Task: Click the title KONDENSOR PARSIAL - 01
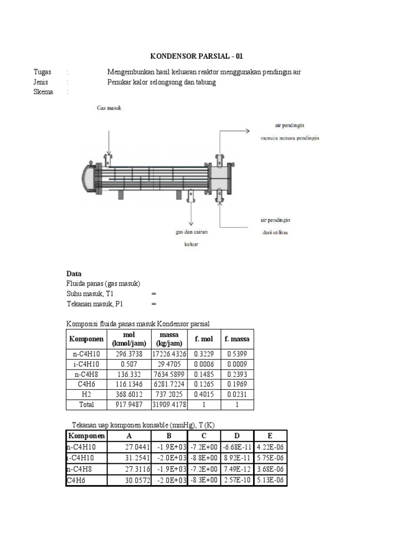click(x=197, y=56)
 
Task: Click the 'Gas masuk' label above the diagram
click(x=108, y=108)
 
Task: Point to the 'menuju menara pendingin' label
click(x=290, y=138)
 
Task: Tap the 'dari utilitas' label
click(x=276, y=232)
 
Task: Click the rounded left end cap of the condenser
click(x=87, y=177)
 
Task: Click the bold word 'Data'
click(x=73, y=274)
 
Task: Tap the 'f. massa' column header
click(x=237, y=339)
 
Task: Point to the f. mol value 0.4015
click(x=203, y=394)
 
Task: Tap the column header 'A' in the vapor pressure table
click(x=129, y=436)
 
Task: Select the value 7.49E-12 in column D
click(x=238, y=469)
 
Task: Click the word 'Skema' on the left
click(x=43, y=92)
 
